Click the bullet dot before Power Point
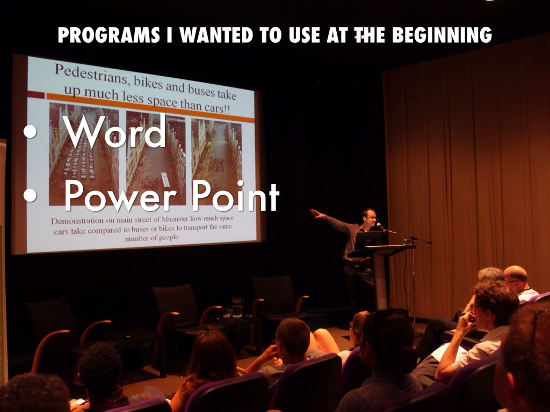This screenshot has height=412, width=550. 30,195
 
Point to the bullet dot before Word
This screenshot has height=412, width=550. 30,132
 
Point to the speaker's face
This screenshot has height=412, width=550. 370,218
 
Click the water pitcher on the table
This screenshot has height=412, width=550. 237,307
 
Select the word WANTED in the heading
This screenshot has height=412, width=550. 217,35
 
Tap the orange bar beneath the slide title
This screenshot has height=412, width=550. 150,107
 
